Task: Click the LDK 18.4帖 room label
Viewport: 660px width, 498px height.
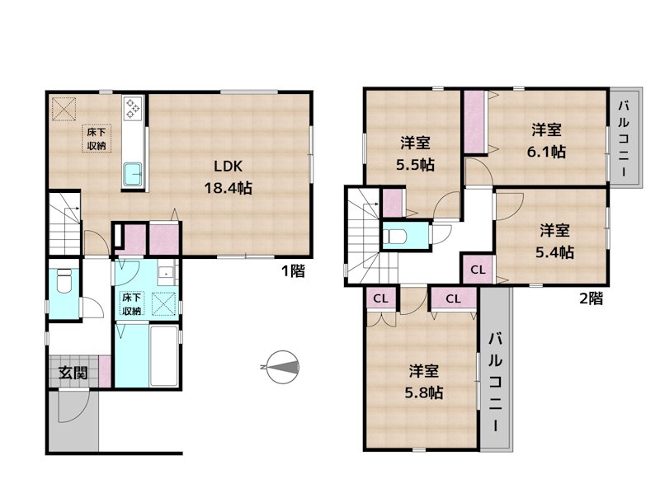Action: pos(228,175)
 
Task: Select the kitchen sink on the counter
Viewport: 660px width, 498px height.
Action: pos(133,175)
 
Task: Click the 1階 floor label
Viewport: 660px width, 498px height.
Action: pos(292,270)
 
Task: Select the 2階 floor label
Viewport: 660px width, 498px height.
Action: pos(589,298)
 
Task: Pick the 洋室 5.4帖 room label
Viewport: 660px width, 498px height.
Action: pos(557,241)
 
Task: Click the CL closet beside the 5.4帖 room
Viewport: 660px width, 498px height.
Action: pos(478,270)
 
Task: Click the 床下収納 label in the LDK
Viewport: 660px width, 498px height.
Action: pos(97,139)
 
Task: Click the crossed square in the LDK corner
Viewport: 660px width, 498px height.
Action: pos(63,107)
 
